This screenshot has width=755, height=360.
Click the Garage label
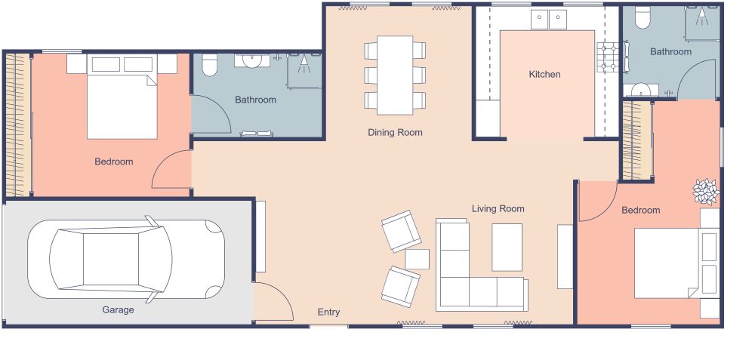(118, 309)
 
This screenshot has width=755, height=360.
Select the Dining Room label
(395, 132)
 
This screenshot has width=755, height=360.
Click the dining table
(395, 75)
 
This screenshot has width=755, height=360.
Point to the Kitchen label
(544, 74)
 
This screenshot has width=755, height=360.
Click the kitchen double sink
(548, 19)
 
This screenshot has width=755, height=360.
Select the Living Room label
(498, 208)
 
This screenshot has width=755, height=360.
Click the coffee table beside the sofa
(507, 247)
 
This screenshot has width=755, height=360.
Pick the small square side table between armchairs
(417, 259)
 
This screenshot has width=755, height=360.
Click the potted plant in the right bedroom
(707, 192)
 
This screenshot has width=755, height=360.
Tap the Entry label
(328, 312)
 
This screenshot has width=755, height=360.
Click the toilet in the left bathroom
(210, 66)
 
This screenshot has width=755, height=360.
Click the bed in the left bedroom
(122, 102)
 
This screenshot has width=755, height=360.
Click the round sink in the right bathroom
(639, 90)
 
